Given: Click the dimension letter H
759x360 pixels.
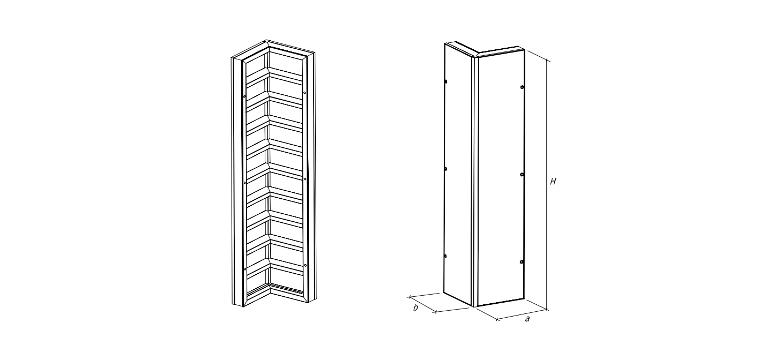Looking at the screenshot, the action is point(553,182).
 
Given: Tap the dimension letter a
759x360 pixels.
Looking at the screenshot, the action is point(527,319).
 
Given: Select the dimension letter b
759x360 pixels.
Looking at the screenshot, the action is point(415,307).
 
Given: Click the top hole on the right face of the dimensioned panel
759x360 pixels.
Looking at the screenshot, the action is point(522,87).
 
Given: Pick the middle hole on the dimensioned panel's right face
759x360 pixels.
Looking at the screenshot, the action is point(522,175).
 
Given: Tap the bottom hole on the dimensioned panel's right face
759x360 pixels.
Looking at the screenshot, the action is point(522,262).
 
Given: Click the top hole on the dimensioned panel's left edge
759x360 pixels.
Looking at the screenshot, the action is point(445,81).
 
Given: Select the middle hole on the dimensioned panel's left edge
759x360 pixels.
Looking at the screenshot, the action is point(445,169).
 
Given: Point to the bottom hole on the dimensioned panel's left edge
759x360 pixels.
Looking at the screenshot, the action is point(445,256).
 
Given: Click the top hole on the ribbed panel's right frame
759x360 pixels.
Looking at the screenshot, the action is point(304,93).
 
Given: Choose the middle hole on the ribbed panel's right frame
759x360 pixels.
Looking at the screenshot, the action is point(305,179).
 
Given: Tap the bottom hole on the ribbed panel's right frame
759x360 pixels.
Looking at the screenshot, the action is point(306,265).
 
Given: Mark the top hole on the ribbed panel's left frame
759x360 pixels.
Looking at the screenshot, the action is point(244,97).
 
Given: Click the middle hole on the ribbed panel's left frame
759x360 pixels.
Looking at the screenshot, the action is point(245,183).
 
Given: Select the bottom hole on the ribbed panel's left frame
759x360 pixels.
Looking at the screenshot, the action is point(245,269).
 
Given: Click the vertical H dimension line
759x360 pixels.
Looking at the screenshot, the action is point(547,185).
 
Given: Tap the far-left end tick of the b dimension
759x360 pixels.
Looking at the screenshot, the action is point(410,297).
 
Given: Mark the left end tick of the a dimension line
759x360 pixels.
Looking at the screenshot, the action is point(497,319).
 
